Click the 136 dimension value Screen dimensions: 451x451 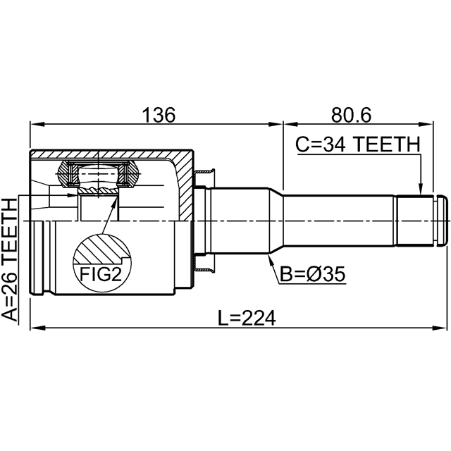pos(159,115)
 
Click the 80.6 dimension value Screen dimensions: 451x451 pos(351,115)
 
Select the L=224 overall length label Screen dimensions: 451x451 pos(247,318)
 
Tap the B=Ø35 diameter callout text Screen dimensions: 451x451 pos(312,274)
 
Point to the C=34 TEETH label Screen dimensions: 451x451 pos(358,144)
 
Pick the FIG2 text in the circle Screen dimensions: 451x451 pos(101,274)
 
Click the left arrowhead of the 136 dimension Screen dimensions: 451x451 pos(37,125)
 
